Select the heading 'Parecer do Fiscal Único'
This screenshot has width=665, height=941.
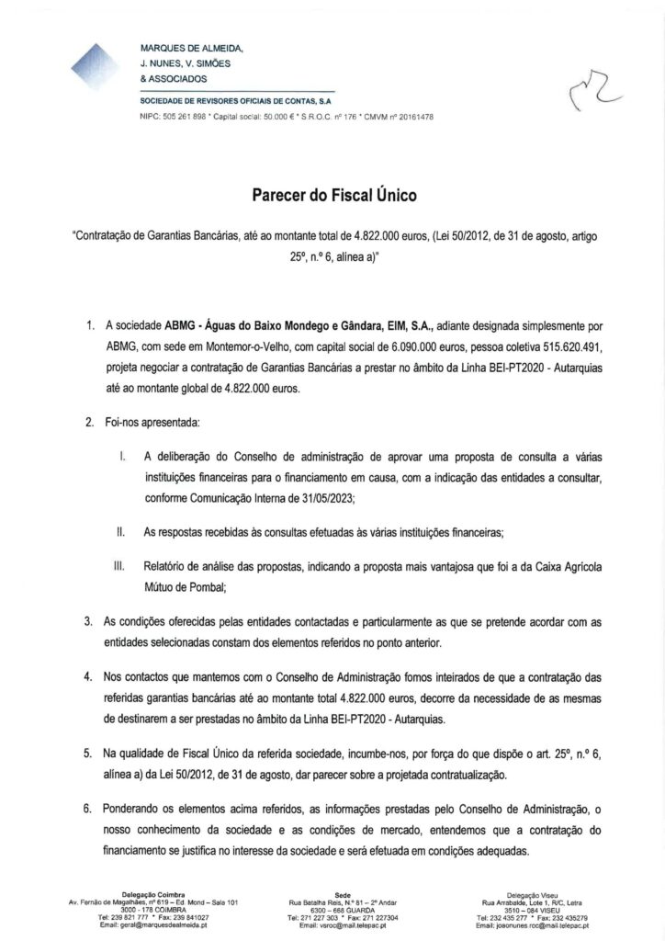coord(332,195)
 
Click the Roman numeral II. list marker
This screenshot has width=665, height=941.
coord(120,532)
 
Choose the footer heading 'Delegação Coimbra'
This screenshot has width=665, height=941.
coord(153,894)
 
